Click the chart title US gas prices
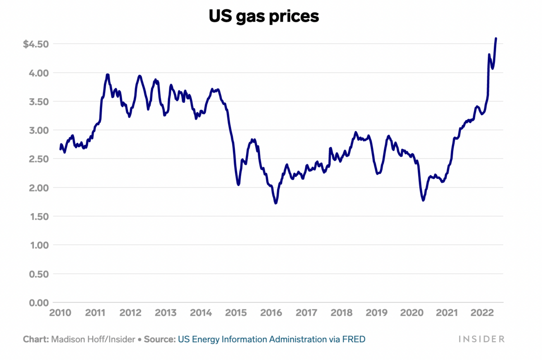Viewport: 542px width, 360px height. pos(264,16)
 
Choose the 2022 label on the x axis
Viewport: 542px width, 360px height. pos(482,313)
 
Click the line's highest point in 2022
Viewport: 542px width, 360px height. pos(496,39)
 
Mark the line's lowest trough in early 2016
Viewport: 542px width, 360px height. pos(276,203)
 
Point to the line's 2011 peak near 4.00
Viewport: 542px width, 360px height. pos(107,75)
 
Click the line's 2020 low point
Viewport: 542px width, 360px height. pos(423,200)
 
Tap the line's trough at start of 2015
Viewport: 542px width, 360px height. pos(238,185)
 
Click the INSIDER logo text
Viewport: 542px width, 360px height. pos(481,339)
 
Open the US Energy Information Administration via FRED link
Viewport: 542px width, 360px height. pos(271,339)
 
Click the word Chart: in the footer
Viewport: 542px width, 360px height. pos(36,339)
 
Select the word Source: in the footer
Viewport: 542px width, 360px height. pos(160,339)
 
